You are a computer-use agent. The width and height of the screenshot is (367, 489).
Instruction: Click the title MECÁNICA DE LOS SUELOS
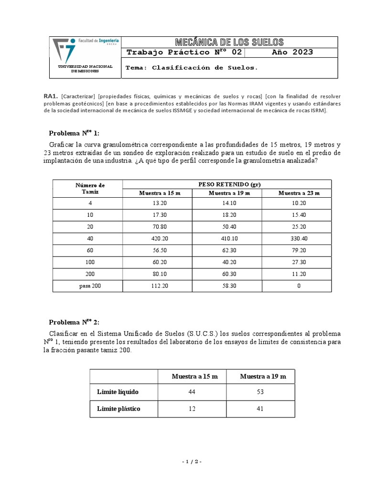coord(229,42)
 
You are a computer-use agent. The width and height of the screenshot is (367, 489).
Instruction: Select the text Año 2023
coord(292,52)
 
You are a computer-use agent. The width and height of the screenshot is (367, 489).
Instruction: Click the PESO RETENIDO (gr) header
coord(227,184)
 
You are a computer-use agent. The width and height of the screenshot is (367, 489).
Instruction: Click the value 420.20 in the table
coord(158,238)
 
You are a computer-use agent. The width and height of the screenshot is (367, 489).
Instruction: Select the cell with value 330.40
coord(299,238)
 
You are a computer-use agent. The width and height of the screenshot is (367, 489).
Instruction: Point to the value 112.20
coord(158,286)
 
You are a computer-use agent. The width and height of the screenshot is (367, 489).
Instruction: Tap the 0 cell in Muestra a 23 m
coord(299,286)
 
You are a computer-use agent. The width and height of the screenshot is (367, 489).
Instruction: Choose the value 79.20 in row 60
coord(299,250)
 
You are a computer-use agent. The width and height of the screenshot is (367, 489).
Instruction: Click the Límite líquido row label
coord(118,392)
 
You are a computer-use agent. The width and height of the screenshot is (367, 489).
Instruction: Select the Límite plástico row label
coord(119,409)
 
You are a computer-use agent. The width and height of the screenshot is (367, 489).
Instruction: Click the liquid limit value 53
coord(263,392)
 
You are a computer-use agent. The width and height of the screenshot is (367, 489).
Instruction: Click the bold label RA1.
coord(50,96)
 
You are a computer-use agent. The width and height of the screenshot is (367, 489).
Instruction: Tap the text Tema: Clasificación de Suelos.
coord(191,68)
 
